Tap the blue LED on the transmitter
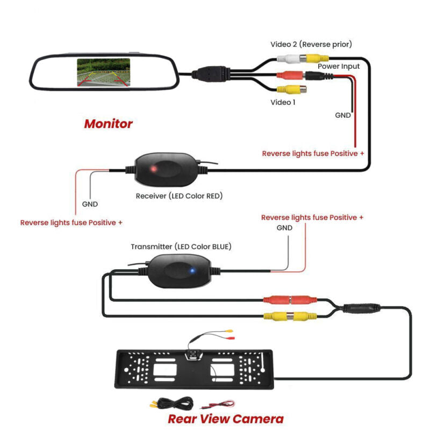coord(192,271)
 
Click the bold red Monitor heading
coord(108,124)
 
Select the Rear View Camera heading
coord(225,419)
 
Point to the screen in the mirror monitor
coord(103,72)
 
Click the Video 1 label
coord(283,102)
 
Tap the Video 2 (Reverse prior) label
coord(311,44)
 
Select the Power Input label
coord(339,66)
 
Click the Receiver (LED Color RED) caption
coord(179,196)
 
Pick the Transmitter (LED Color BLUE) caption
coord(181,247)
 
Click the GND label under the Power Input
coord(343,115)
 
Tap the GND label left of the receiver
coord(90,204)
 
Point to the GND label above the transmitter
coord(284,228)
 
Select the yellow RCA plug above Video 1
coord(290,90)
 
